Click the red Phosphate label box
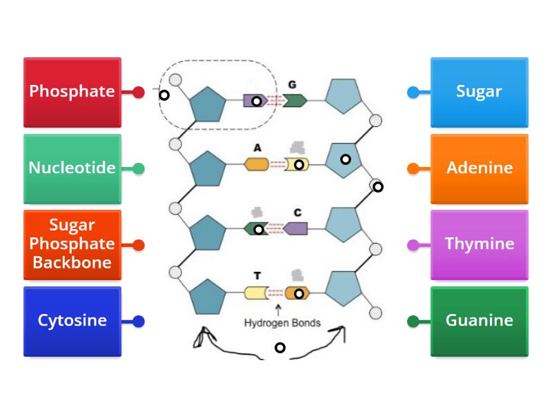pyautogui.click(x=72, y=92)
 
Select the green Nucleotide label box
pyautogui.click(x=72, y=168)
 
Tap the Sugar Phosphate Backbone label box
pyautogui.click(x=72, y=244)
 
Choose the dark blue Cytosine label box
pyautogui.click(x=72, y=321)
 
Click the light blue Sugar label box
pyautogui.click(x=479, y=92)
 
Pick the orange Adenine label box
pyautogui.click(x=479, y=168)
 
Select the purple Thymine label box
pyautogui.click(x=479, y=244)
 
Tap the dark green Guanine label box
pyautogui.click(x=479, y=321)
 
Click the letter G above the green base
pyautogui.click(x=292, y=84)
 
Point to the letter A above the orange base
pyautogui.click(x=257, y=148)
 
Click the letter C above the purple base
pyautogui.click(x=297, y=213)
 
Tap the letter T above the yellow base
pyautogui.click(x=257, y=276)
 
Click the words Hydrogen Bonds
pyautogui.click(x=282, y=323)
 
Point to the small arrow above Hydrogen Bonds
pyautogui.click(x=278, y=309)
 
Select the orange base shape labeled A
pyautogui.click(x=257, y=164)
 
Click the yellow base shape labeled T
pyautogui.click(x=255, y=293)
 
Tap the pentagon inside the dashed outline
pyautogui.click(x=208, y=104)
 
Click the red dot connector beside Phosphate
pyautogui.click(x=139, y=92)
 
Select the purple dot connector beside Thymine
pyautogui.click(x=413, y=244)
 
